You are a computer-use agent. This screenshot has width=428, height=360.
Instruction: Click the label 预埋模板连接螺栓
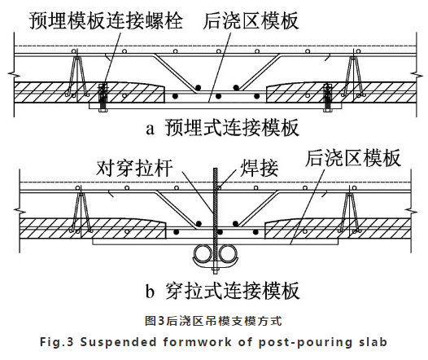tap(106, 20)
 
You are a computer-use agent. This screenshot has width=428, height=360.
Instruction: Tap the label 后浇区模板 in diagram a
tap(251, 20)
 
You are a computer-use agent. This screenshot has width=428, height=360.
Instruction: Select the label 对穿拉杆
tap(134, 168)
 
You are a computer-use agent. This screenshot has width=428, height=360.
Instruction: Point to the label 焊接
tap(259, 168)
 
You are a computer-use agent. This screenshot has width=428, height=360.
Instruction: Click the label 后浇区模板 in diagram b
tap(353, 158)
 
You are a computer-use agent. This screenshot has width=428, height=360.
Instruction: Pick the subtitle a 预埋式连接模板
tap(222, 128)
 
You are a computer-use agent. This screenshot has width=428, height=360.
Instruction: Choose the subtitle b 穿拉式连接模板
tap(222, 291)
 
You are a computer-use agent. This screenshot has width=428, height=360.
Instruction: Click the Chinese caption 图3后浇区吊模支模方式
tap(213, 321)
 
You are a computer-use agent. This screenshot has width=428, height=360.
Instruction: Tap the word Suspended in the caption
tap(118, 342)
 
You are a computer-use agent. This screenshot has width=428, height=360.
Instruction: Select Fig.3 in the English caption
tap(57, 342)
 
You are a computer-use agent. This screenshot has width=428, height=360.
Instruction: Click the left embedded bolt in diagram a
tap(103, 98)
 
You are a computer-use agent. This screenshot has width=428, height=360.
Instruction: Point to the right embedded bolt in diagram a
tap(327, 98)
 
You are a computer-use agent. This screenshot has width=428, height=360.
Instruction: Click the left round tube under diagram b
tap(203, 254)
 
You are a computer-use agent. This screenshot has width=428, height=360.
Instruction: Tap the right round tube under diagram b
tap(228, 254)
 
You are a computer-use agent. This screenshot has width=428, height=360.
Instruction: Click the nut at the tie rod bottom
tap(215, 271)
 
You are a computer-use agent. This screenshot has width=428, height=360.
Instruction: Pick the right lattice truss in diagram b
tap(349, 211)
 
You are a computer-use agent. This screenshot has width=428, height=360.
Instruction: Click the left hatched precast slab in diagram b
tap(93, 228)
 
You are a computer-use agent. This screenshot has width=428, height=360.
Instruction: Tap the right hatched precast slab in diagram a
tap(341, 92)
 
